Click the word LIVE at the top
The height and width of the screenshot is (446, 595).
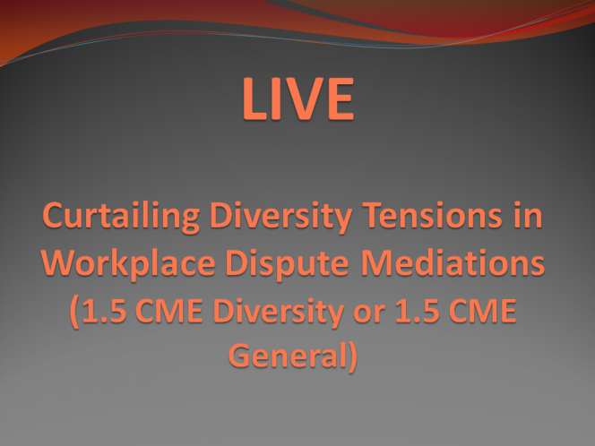(x=298, y=99)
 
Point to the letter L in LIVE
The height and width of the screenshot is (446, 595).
(x=254, y=99)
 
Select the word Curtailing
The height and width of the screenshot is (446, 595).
(x=121, y=217)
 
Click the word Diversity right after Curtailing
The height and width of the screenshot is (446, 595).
(x=280, y=217)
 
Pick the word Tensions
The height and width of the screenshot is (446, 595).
(x=433, y=216)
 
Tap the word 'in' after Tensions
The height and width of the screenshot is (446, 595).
(x=528, y=215)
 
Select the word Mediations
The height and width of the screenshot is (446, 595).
(x=453, y=262)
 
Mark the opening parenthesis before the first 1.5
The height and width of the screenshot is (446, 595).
(x=74, y=313)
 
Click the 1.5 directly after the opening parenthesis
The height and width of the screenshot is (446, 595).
(x=104, y=311)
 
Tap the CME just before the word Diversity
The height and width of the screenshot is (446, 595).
(x=168, y=311)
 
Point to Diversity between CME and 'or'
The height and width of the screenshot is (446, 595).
(x=279, y=313)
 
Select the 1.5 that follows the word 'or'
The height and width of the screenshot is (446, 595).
(x=418, y=311)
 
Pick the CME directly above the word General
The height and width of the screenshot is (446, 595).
(x=483, y=311)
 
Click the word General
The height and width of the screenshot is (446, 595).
(x=288, y=356)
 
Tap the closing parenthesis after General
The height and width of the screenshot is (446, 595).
(x=352, y=357)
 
